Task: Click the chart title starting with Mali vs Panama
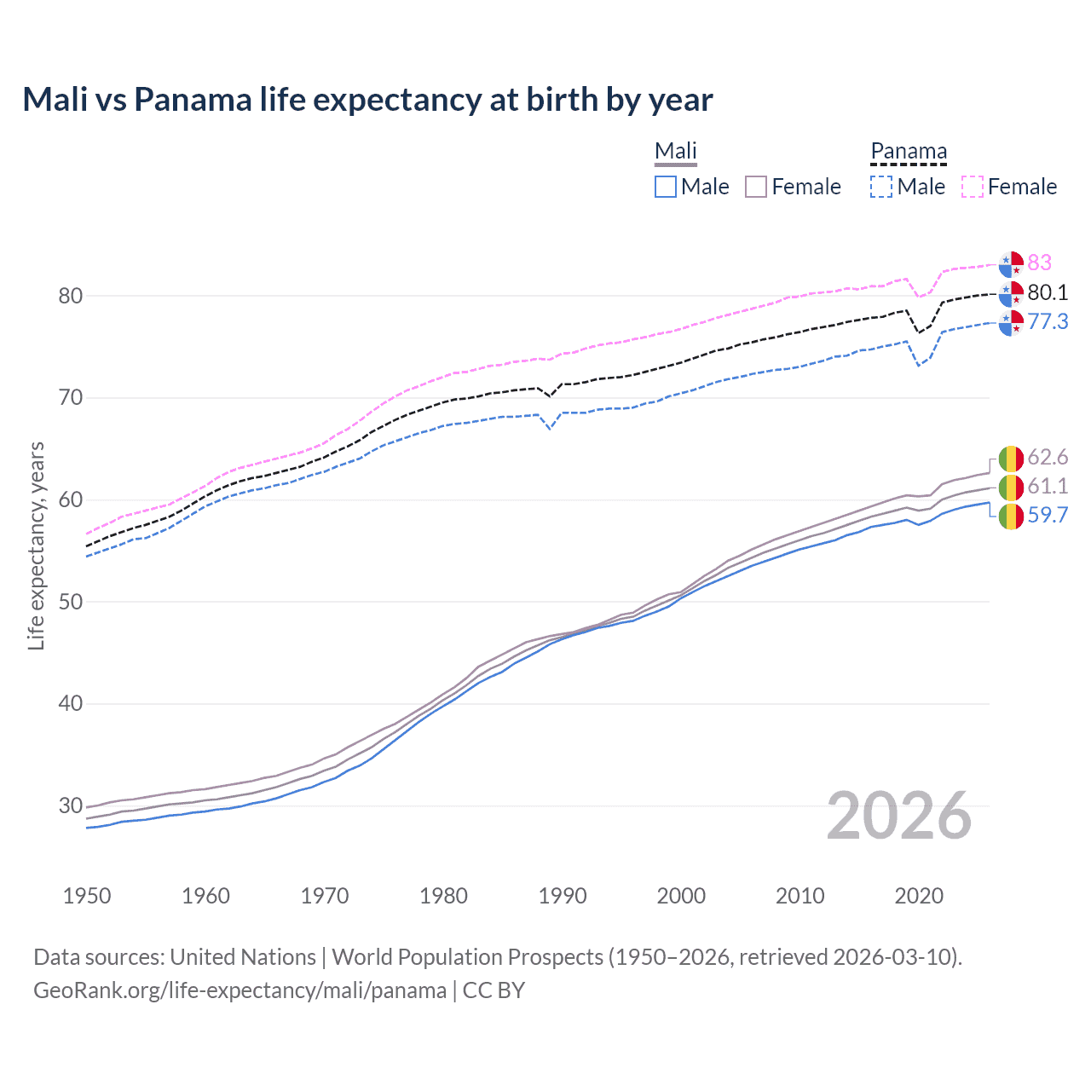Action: pos(367,100)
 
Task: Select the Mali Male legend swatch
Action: pos(666,187)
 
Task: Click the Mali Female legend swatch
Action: pos(756,187)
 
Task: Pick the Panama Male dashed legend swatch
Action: pos(881,187)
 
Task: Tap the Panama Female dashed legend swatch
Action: pos(973,187)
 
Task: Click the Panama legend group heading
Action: pos(909,152)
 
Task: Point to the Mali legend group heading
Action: pos(676,152)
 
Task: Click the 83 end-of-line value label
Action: pos(1039,263)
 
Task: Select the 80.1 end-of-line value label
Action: pos(1048,292)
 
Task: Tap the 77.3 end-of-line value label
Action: pos(1048,321)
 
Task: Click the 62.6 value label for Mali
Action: pos(1048,458)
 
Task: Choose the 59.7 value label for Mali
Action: pos(1048,515)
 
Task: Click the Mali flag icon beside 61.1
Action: pos(1011,487)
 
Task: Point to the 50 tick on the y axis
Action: pos(71,602)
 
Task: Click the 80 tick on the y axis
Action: pos(71,296)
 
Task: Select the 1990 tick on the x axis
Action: pos(563,896)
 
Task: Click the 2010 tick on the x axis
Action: pos(799,896)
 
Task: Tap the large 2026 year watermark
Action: pos(899,816)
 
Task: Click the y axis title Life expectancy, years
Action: pos(37,545)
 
